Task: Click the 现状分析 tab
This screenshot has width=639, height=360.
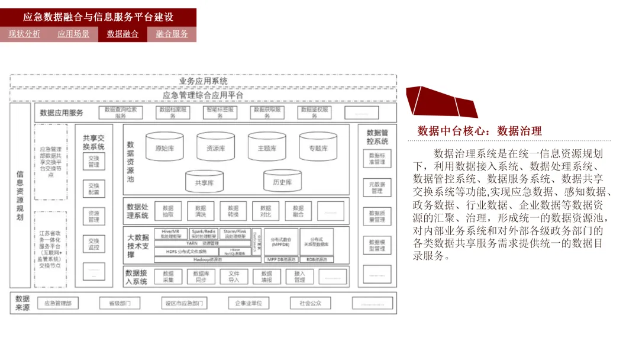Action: [24, 34]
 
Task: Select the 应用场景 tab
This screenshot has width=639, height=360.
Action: [73, 34]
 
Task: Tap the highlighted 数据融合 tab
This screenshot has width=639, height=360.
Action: [122, 34]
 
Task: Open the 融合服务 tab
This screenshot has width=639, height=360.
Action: [172, 34]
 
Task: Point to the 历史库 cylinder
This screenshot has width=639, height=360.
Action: [282, 182]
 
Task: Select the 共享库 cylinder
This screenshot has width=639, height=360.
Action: [204, 182]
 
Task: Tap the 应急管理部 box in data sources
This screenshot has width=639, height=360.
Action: [58, 303]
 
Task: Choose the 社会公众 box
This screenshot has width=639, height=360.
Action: [310, 303]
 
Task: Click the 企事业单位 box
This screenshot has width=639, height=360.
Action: [248, 303]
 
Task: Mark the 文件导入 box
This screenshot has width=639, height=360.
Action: [233, 277]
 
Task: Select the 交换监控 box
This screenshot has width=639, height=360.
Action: [94, 244]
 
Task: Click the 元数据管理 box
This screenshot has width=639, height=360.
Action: [377, 188]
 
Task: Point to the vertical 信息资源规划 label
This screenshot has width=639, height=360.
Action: [20, 196]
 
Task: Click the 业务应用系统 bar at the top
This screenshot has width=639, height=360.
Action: [203, 81]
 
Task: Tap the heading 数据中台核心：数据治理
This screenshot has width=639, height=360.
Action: [479, 131]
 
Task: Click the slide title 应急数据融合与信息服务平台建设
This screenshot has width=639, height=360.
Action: [98, 17]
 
